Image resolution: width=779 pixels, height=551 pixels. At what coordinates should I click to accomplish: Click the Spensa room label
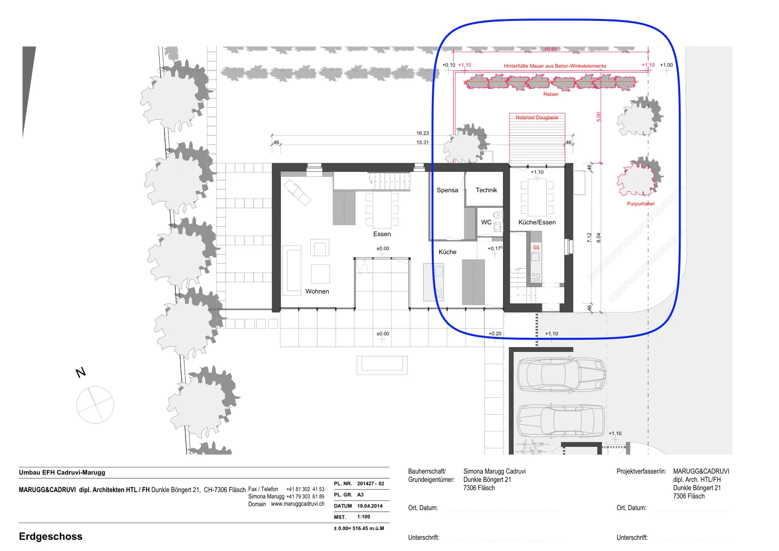(x=447, y=190)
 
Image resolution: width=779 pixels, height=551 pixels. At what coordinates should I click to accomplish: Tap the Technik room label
(x=486, y=190)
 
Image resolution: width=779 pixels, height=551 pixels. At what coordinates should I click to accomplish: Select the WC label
(x=486, y=222)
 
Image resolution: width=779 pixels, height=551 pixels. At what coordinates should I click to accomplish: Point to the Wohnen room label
(x=317, y=291)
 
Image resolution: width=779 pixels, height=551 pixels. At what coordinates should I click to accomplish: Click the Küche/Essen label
(x=537, y=222)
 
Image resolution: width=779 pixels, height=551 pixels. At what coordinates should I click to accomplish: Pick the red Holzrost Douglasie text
(x=537, y=117)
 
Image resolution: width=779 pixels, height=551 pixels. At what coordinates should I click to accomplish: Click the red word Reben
(x=551, y=94)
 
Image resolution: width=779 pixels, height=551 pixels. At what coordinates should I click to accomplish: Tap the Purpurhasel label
(x=641, y=204)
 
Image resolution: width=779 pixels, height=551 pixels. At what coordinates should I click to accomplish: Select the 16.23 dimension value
(x=423, y=133)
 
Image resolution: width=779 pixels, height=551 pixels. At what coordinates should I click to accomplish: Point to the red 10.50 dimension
(x=551, y=49)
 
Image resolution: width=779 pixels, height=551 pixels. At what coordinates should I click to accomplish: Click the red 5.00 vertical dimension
(x=598, y=117)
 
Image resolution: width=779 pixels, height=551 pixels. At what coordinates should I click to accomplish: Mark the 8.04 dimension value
(x=598, y=238)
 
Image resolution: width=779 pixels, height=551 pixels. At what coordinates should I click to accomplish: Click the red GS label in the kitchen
(x=536, y=248)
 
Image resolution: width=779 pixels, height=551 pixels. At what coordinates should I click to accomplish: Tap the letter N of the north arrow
(x=81, y=373)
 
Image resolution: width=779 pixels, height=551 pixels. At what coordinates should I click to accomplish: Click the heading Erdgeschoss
(x=51, y=536)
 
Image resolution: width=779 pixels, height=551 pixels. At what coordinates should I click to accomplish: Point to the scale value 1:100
(x=363, y=517)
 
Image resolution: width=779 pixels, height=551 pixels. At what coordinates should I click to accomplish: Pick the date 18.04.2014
(x=370, y=506)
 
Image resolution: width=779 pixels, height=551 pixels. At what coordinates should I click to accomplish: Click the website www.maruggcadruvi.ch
(x=297, y=504)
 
